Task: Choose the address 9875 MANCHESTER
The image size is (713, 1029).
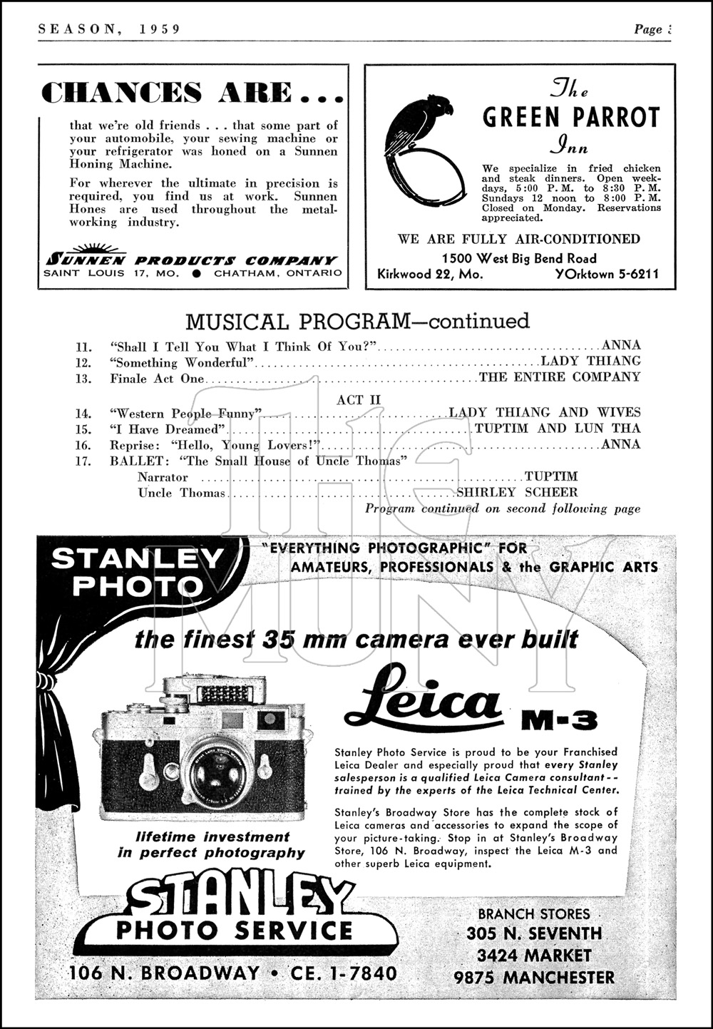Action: [534, 977]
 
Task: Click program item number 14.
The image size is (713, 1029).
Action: [84, 414]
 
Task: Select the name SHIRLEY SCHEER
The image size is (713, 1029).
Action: [517, 493]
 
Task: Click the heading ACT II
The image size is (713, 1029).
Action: [359, 399]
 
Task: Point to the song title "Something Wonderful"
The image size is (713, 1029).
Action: [183, 363]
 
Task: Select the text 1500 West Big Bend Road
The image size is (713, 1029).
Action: [519, 258]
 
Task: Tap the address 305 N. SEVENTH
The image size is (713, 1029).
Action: [534, 933]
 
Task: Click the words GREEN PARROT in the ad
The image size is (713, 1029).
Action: [571, 118]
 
